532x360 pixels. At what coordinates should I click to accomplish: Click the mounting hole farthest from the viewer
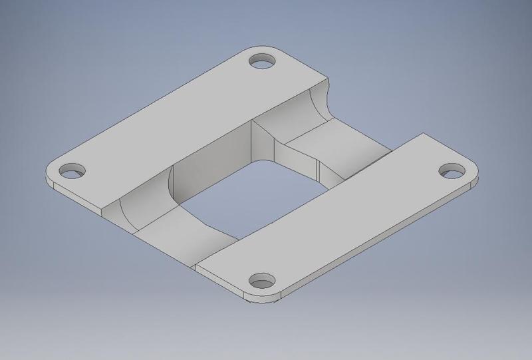click(x=263, y=61)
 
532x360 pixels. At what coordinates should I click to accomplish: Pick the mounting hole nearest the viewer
click(x=263, y=279)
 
